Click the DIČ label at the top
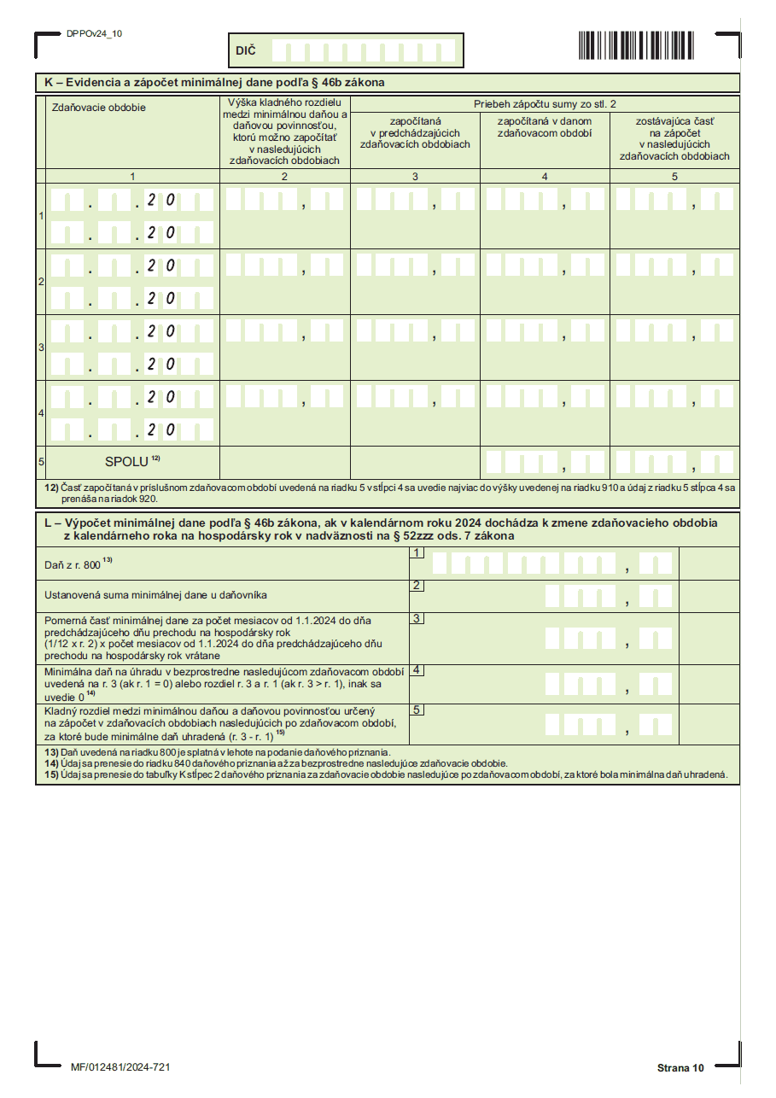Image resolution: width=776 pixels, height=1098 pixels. (x=246, y=51)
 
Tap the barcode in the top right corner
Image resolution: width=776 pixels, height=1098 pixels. (x=645, y=44)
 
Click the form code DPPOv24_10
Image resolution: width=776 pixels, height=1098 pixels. (x=94, y=33)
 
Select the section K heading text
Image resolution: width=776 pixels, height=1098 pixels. (x=214, y=83)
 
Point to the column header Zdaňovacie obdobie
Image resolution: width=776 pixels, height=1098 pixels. (x=99, y=108)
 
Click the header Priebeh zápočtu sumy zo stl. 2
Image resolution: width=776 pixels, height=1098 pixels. (x=545, y=103)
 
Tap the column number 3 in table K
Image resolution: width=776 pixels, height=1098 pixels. (x=415, y=176)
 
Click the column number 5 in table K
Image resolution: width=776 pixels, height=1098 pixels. (x=674, y=176)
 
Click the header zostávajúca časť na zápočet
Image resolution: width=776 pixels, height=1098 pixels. (x=674, y=138)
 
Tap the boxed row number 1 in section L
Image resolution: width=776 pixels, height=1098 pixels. (x=417, y=552)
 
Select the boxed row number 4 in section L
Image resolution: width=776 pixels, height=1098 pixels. (x=417, y=669)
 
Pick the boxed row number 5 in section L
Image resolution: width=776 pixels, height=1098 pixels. (x=417, y=709)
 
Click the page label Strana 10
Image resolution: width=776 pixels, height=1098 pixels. (x=680, y=1068)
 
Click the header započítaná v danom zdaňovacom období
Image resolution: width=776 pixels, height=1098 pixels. (x=545, y=126)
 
